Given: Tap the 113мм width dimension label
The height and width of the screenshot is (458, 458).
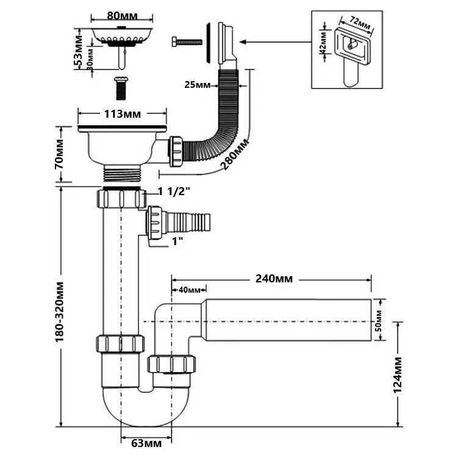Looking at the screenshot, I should pyautogui.click(x=122, y=113).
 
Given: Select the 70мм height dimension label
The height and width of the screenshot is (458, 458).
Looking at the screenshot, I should pyautogui.click(x=60, y=154).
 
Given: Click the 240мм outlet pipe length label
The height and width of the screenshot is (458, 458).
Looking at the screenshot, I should pyautogui.click(x=274, y=279).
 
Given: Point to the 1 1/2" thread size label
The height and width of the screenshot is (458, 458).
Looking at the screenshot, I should pyautogui.click(x=174, y=191).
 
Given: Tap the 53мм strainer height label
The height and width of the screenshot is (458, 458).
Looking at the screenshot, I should pyautogui.click(x=78, y=51).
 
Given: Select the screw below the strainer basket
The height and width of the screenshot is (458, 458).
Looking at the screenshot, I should pyautogui.click(x=120, y=89).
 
